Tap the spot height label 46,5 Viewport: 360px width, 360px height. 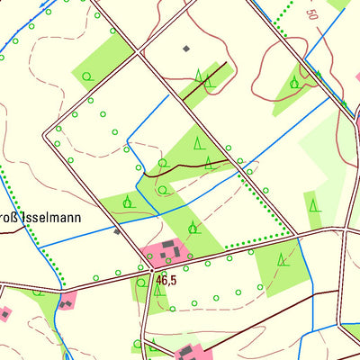[x=166, y=280]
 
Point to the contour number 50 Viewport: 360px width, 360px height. [x=312, y=14]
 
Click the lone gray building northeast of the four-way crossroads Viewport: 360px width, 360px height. [x=186, y=48]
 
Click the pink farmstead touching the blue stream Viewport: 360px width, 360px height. [x=67, y=301]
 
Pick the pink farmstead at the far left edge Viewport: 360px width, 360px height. [x=4, y=314]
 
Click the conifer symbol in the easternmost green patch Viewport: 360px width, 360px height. [x=314, y=205]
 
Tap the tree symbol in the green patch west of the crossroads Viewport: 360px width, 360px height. [x=87, y=77]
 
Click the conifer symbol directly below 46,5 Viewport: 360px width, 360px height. [x=158, y=290]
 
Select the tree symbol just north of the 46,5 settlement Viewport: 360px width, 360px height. [x=192, y=226]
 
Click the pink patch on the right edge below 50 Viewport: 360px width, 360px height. [x=357, y=77]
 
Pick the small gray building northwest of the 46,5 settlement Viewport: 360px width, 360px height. [x=117, y=231]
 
